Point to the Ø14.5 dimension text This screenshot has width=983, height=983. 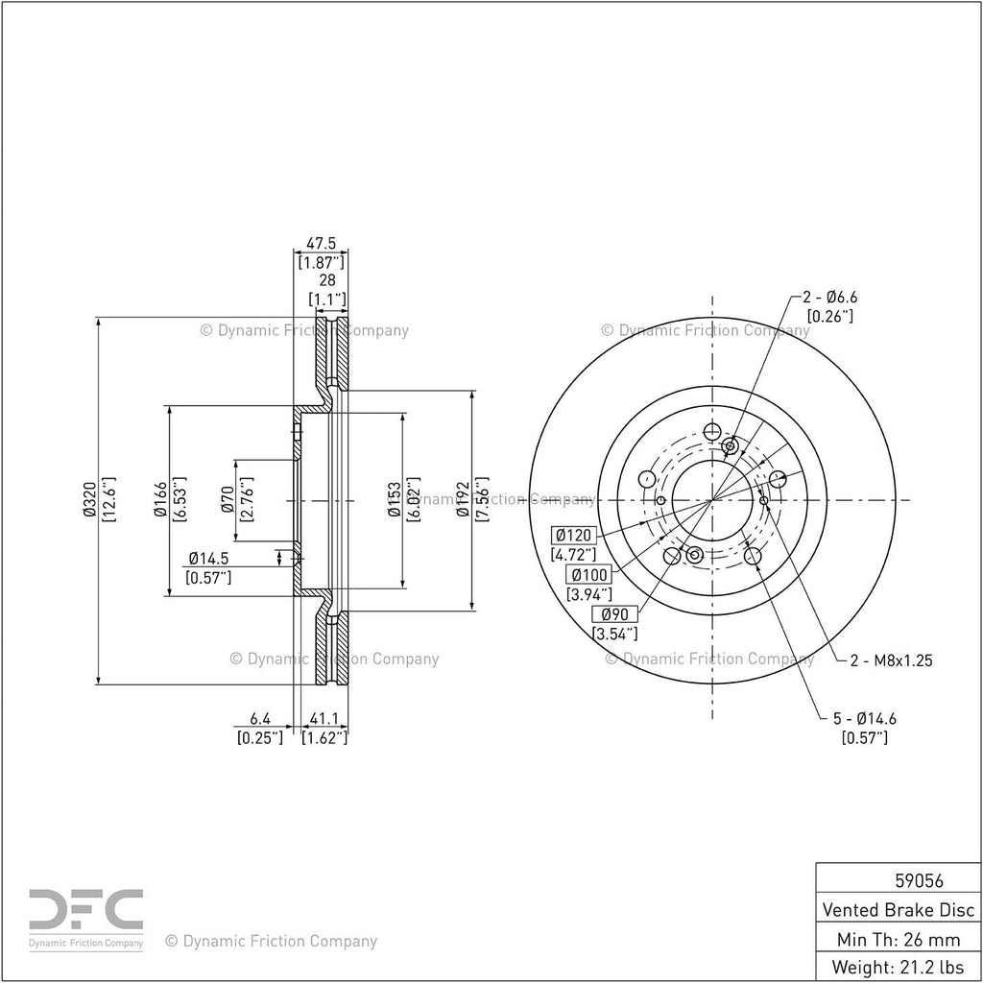208,558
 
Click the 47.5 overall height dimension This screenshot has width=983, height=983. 321,243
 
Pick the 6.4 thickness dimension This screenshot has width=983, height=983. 260,718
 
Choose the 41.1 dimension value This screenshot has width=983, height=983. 324,718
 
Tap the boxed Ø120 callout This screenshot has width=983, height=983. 574,536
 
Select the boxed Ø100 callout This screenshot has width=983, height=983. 588,574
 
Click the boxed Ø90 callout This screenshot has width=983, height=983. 615,614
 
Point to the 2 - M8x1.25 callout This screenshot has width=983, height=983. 892,660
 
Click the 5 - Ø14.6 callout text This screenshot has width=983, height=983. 865,718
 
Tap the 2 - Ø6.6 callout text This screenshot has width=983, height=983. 830,297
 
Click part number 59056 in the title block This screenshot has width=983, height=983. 919,881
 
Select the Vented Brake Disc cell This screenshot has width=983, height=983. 899,910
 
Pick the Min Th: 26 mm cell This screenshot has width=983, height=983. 899,939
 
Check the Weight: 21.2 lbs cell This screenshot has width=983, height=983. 899,967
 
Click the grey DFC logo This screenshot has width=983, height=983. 86,908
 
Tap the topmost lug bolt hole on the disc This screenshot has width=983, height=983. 711,431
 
